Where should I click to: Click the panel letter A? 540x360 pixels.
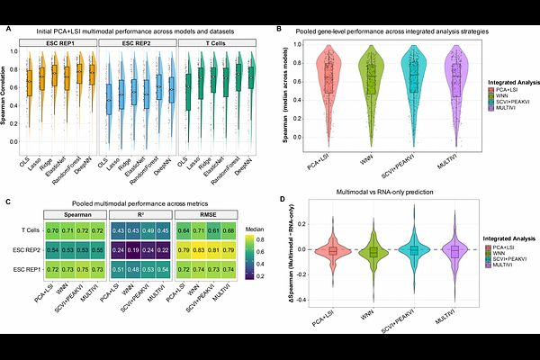pyautogui.click(x=8, y=30)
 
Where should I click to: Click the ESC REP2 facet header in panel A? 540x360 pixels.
pyautogui.click(x=138, y=41)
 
